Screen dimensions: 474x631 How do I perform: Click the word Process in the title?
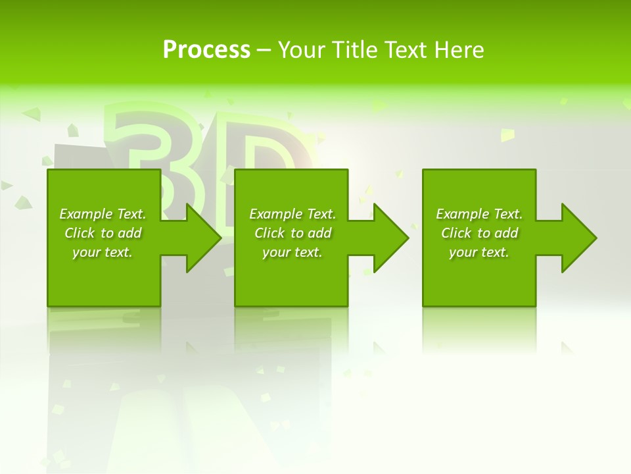[x=206, y=50]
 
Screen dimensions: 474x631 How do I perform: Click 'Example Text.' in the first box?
[x=103, y=214]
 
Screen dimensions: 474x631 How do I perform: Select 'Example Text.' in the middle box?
[x=292, y=214]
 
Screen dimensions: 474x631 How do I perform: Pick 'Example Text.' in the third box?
[x=479, y=214]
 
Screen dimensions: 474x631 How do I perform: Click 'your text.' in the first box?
[x=103, y=252]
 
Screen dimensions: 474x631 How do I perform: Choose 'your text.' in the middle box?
[x=292, y=252]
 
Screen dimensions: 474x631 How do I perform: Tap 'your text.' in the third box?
[x=479, y=252]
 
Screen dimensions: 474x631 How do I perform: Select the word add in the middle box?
[x=319, y=233]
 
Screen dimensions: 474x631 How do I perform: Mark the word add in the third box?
[x=506, y=233]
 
